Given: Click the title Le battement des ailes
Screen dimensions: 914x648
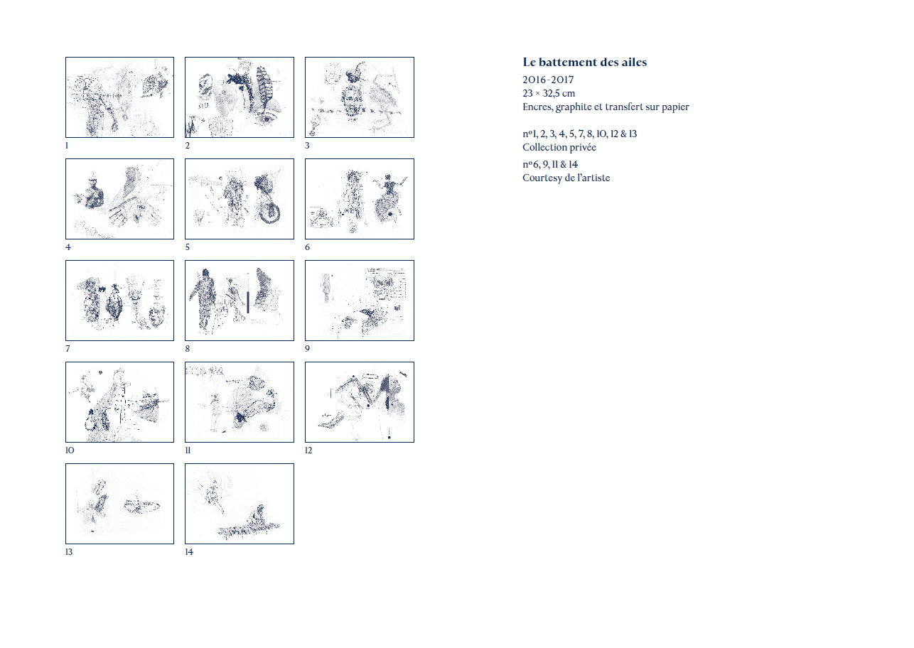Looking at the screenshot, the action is point(584,62).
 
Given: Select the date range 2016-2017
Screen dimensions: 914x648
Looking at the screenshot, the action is point(548,80).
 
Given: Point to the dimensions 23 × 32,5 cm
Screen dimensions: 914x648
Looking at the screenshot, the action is point(549,93).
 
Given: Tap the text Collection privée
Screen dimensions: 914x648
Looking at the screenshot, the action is point(559,147).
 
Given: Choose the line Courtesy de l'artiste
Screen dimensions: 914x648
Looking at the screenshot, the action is point(566,178).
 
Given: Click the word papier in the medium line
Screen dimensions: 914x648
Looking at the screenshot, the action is point(675,107).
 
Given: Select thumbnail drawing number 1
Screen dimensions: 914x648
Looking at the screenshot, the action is point(119,97).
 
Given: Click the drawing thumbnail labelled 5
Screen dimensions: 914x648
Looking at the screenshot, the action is point(239,199).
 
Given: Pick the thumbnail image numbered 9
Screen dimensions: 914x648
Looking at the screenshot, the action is point(360,300).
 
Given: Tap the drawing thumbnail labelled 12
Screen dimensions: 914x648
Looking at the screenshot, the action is point(360,401).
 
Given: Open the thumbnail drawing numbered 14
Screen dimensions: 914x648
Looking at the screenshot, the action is point(239,503).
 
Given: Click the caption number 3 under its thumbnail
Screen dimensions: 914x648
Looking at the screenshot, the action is point(307,146).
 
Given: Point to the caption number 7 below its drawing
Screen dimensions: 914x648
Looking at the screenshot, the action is point(68,349).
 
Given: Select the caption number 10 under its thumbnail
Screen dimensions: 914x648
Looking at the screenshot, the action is point(70,450).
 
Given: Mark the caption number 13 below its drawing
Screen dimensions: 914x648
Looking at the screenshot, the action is point(69,552).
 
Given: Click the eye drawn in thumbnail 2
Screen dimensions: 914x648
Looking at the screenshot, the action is point(267,118).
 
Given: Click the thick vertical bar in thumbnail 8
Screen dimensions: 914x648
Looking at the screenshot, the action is point(247,302).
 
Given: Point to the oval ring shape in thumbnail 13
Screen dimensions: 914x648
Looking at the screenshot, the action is point(141,507).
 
